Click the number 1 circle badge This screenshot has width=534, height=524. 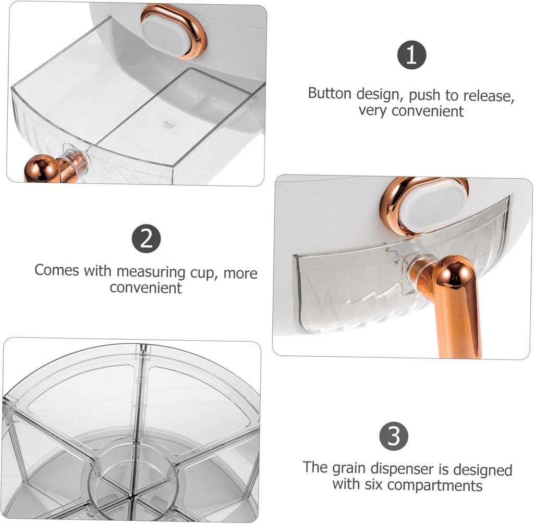click(x=412, y=56)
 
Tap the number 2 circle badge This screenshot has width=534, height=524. click(x=146, y=239)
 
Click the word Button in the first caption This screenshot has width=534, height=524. click(x=331, y=94)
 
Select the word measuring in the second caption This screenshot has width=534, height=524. click(x=151, y=272)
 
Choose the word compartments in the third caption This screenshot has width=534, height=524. click(x=437, y=486)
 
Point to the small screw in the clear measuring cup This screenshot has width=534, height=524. click(x=168, y=123)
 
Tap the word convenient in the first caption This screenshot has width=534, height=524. click(x=427, y=111)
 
